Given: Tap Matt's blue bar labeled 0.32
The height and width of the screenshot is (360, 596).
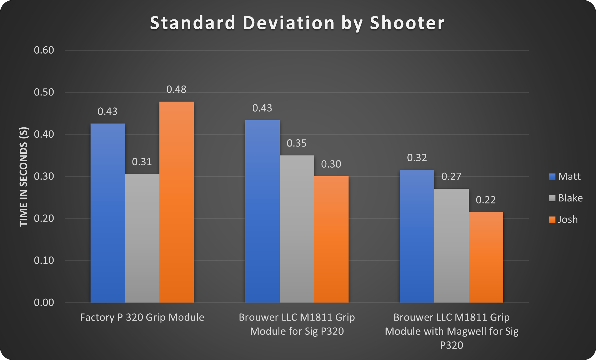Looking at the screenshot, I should (417, 236).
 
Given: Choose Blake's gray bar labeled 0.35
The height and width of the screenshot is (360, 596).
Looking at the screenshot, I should (297, 229).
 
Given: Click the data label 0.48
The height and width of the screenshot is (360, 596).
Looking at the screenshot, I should (176, 89).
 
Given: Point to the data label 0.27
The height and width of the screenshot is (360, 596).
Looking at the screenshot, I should (451, 177).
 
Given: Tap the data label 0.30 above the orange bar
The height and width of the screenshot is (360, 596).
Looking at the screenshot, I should (331, 164).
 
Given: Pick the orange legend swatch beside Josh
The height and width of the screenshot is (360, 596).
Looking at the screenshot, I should (552, 220).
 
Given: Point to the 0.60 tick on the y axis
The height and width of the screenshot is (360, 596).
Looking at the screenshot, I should (44, 50).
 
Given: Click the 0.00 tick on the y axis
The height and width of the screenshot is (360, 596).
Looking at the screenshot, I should (44, 302).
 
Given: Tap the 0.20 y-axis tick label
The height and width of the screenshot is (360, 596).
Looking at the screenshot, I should (44, 218).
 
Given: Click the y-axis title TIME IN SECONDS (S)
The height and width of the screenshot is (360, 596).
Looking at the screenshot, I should (24, 177).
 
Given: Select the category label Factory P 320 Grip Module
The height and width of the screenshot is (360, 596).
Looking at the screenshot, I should (142, 317).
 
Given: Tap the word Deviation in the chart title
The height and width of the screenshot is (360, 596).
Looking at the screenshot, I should (289, 23).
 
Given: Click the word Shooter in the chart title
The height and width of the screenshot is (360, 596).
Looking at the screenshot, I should (407, 23).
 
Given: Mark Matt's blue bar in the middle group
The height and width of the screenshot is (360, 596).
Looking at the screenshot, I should (262, 211).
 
